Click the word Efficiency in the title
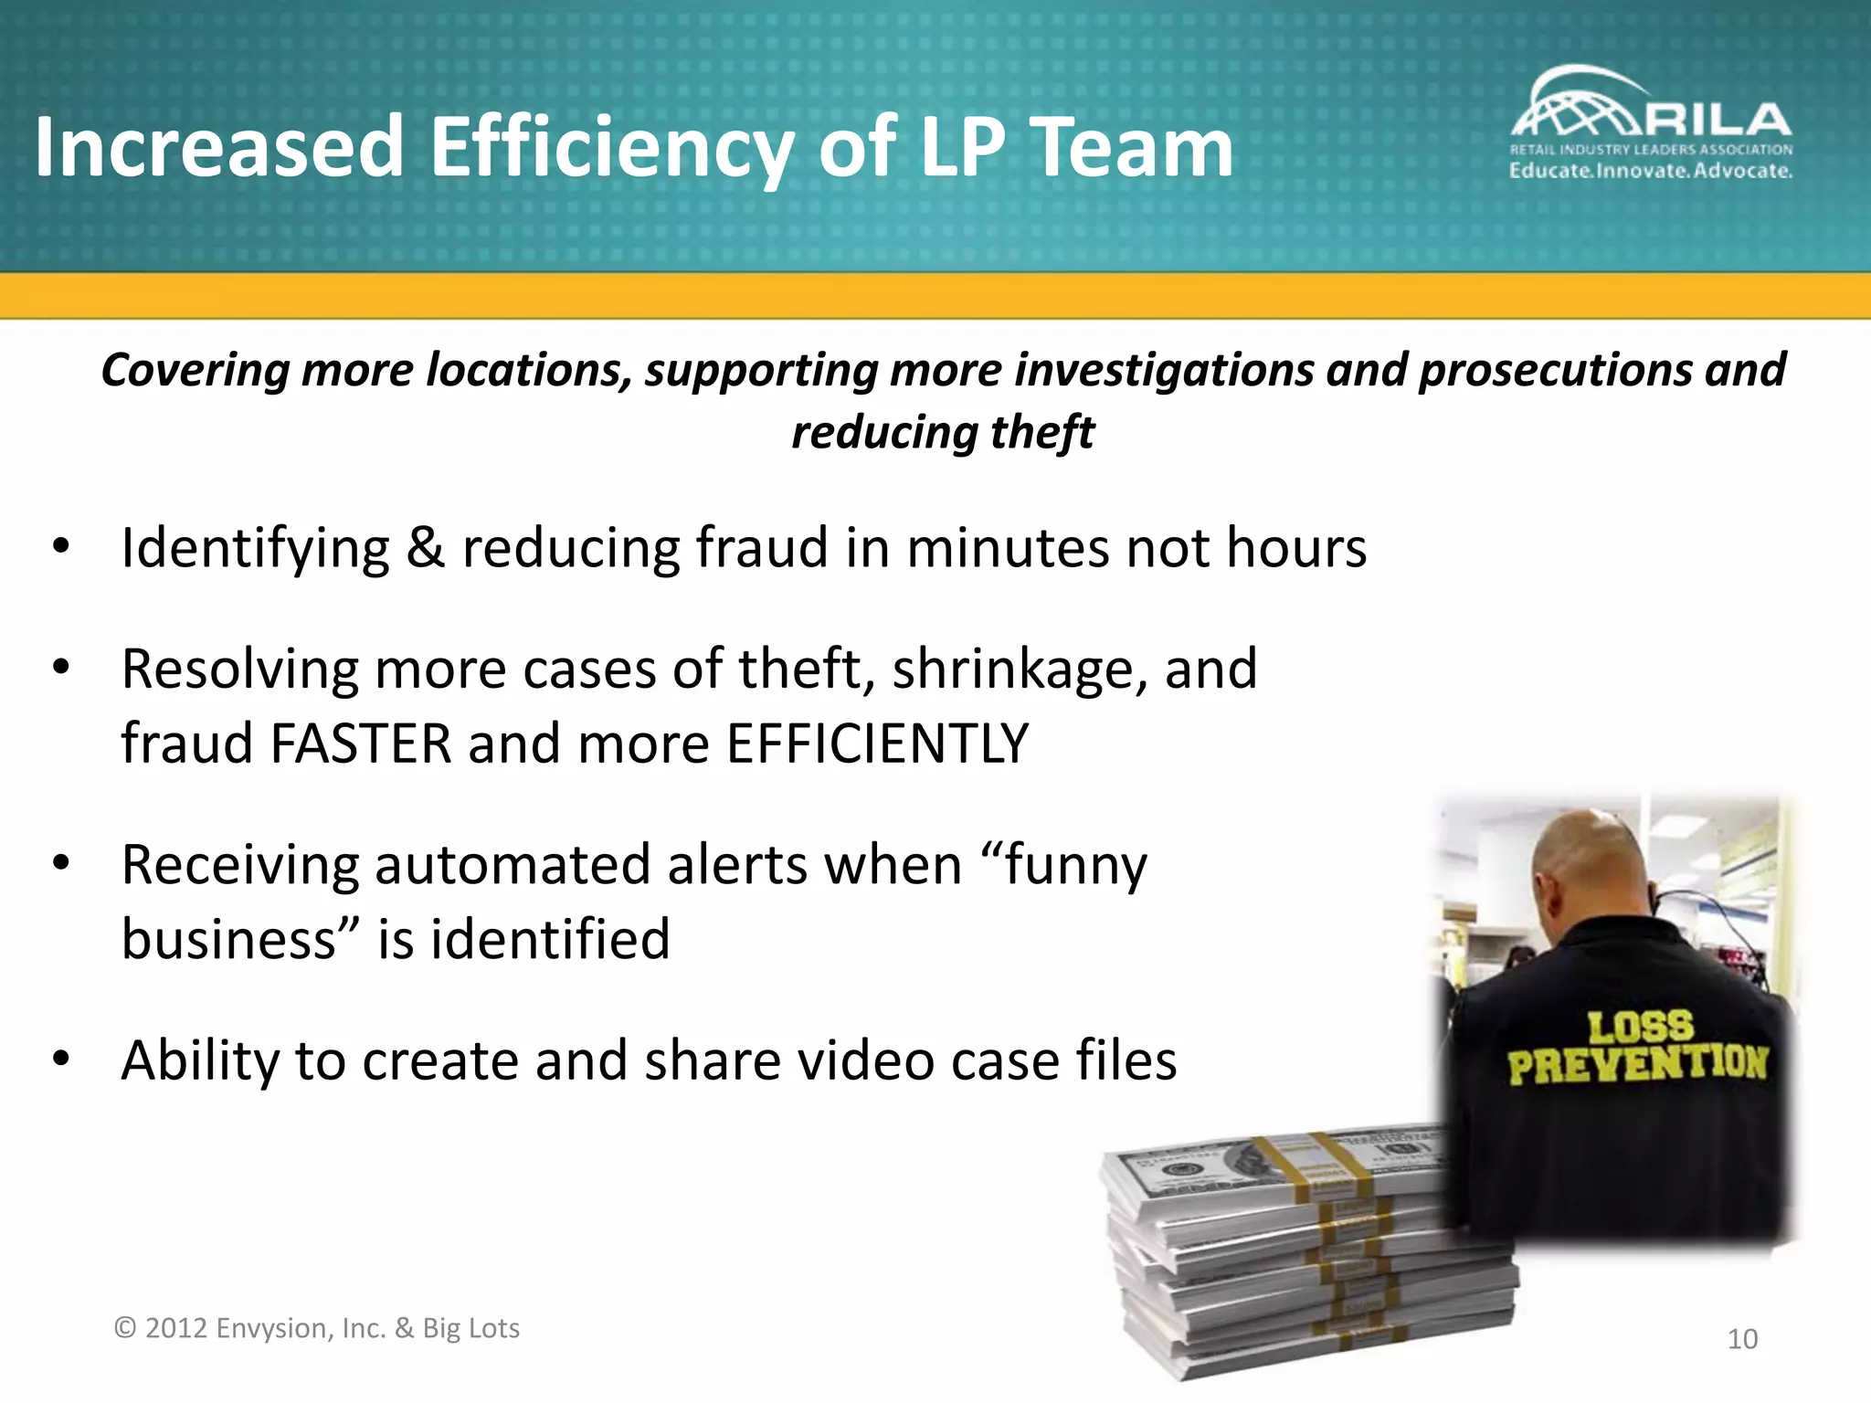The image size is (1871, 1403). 610,149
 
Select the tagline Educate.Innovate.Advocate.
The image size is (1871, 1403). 1650,171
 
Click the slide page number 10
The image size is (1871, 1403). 1742,1339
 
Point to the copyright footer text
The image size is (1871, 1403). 316,1328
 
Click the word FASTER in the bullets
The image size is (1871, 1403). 361,743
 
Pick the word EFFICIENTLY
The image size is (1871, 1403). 877,743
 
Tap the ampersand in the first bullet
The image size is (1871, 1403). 426,548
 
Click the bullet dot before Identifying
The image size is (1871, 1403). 61,547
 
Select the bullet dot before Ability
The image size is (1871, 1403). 61,1060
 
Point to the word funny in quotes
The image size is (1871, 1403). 1074,866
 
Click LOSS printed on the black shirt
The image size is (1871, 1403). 1640,1027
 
